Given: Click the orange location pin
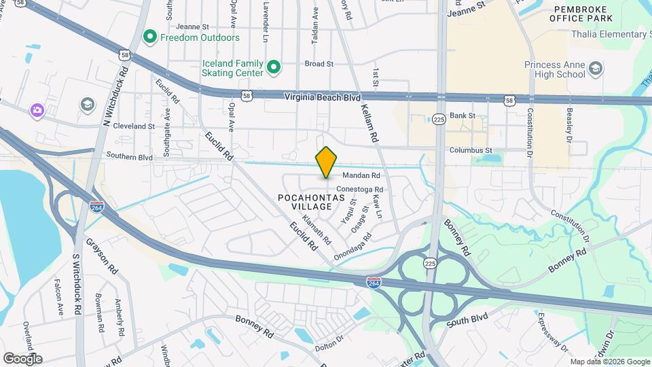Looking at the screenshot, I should pos(326,162).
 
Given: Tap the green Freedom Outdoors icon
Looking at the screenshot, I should pos(149,36).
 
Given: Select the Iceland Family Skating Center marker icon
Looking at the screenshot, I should pos(274,67).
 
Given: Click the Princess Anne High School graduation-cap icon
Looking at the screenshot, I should pos(595,68).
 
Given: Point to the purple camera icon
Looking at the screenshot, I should pos(37,109).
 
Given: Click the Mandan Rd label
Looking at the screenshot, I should pos(365,175).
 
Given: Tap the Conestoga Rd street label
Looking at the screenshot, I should pos(360,190).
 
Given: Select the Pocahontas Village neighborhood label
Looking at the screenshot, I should pos(305,202).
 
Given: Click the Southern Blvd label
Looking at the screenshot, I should pos(129,157).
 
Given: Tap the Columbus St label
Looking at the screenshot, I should pos(470,150).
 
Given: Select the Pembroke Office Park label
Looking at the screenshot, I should pos(583,14).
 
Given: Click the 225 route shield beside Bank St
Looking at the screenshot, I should pos(439,118).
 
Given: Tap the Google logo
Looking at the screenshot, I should pos(22,358).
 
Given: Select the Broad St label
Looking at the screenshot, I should pos(319,64).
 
